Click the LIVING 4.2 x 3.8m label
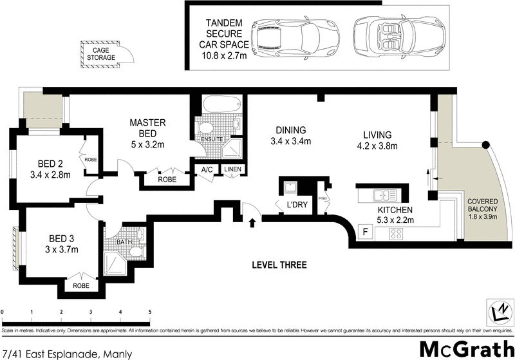point(377,140)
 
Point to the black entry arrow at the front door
point(252,223)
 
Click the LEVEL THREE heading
point(279,265)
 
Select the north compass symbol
point(498,312)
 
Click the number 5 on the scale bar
point(150,312)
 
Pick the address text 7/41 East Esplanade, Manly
point(68,354)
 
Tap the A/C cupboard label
point(207,169)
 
